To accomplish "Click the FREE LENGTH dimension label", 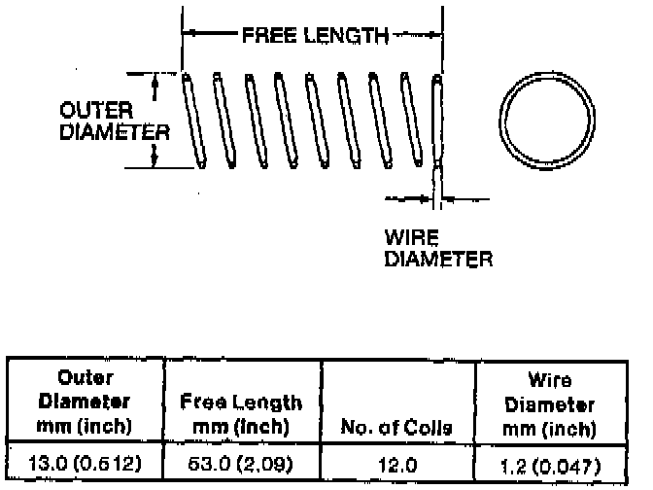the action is pyautogui.click(x=315, y=35).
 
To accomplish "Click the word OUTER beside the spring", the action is pyautogui.click(x=96, y=111).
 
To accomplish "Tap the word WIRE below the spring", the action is pyautogui.click(x=411, y=237).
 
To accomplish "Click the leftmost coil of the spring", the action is pyautogui.click(x=194, y=121).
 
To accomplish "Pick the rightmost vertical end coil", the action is pyautogui.click(x=437, y=121).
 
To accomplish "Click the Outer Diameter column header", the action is pyautogui.click(x=85, y=402).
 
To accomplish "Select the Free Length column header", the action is pyautogui.click(x=241, y=414).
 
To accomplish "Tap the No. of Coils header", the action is pyautogui.click(x=396, y=427).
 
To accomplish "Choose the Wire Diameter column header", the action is pyautogui.click(x=550, y=404).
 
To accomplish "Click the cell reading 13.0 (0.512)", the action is pyautogui.click(x=85, y=464).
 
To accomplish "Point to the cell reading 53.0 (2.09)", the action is pyautogui.click(x=241, y=464).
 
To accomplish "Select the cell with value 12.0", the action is pyautogui.click(x=397, y=465).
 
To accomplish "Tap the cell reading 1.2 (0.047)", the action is pyautogui.click(x=551, y=467).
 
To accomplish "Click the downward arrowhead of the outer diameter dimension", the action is pyautogui.click(x=155, y=158).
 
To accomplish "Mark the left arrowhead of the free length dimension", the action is pyautogui.click(x=189, y=32).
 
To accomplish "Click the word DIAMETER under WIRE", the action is pyautogui.click(x=438, y=259).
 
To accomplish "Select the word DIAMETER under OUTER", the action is pyautogui.click(x=115, y=132).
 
